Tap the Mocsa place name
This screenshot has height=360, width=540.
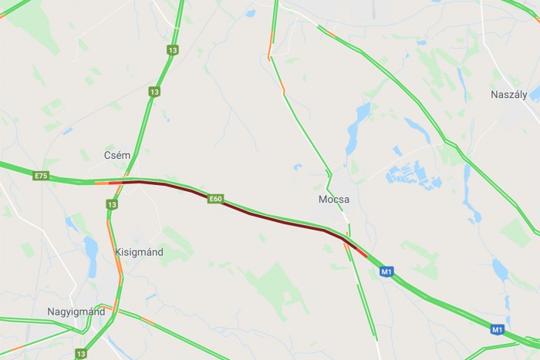pos(334,199)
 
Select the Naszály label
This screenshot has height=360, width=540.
pos(508,94)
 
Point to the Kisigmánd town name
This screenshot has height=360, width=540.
pos(139,252)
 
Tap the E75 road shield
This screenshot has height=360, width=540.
pos(41,177)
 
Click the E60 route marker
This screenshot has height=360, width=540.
pos(215,199)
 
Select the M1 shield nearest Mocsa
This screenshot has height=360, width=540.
pos(386,271)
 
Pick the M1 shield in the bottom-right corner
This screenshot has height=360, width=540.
pos(498,330)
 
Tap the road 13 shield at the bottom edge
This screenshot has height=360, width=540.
pos(81,353)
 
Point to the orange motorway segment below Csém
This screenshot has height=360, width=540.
pos(102,183)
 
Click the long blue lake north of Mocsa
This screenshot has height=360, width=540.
pos(355,127)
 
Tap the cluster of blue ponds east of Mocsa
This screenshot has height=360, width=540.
pos(413,173)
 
